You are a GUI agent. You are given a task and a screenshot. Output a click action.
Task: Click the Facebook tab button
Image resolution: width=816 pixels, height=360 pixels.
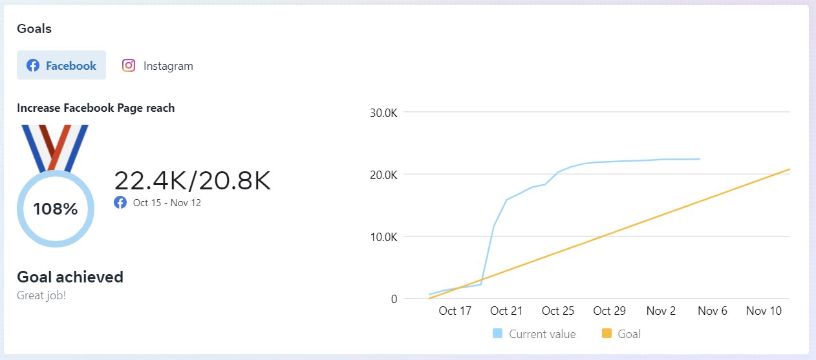click(x=61, y=65)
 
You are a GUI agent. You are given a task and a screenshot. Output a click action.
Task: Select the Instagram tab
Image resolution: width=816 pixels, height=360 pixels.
click(x=158, y=65)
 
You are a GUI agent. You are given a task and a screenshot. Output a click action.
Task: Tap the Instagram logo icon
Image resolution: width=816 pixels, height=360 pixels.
click(x=129, y=65)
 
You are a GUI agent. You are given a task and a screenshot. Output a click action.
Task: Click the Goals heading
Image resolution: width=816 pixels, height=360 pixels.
click(x=34, y=28)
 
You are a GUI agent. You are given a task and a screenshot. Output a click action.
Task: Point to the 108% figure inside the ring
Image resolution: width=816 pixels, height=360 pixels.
click(x=56, y=209)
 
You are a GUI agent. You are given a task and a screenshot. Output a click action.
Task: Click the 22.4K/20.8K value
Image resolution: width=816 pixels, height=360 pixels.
click(x=192, y=181)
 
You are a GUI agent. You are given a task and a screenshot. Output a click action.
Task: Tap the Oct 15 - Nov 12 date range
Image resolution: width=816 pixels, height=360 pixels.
click(x=167, y=203)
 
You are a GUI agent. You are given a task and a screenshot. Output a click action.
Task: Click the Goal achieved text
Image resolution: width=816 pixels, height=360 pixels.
click(x=70, y=277)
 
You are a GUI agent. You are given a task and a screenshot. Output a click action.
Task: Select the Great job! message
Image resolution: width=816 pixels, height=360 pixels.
click(x=41, y=295)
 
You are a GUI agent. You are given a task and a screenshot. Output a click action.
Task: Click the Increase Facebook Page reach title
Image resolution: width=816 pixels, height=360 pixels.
click(x=96, y=108)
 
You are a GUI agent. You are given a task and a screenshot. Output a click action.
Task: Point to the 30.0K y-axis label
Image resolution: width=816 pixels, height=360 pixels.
click(x=383, y=112)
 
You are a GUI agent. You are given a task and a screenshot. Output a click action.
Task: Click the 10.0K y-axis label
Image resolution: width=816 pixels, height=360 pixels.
click(x=383, y=237)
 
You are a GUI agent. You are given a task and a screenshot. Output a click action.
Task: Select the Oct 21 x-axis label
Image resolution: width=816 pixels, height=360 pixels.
click(x=506, y=311)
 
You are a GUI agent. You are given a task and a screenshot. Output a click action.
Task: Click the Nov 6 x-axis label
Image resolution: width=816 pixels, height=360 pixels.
click(x=713, y=311)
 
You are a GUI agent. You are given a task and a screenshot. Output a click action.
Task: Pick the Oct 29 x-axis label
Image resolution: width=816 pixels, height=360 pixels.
click(x=610, y=311)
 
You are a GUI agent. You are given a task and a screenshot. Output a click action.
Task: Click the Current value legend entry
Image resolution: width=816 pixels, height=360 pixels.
click(x=534, y=334)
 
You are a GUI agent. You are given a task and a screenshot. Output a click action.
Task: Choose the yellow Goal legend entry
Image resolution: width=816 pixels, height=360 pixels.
click(x=621, y=334)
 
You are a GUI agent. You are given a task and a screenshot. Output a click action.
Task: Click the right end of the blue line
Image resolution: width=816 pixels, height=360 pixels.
click(x=699, y=159)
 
